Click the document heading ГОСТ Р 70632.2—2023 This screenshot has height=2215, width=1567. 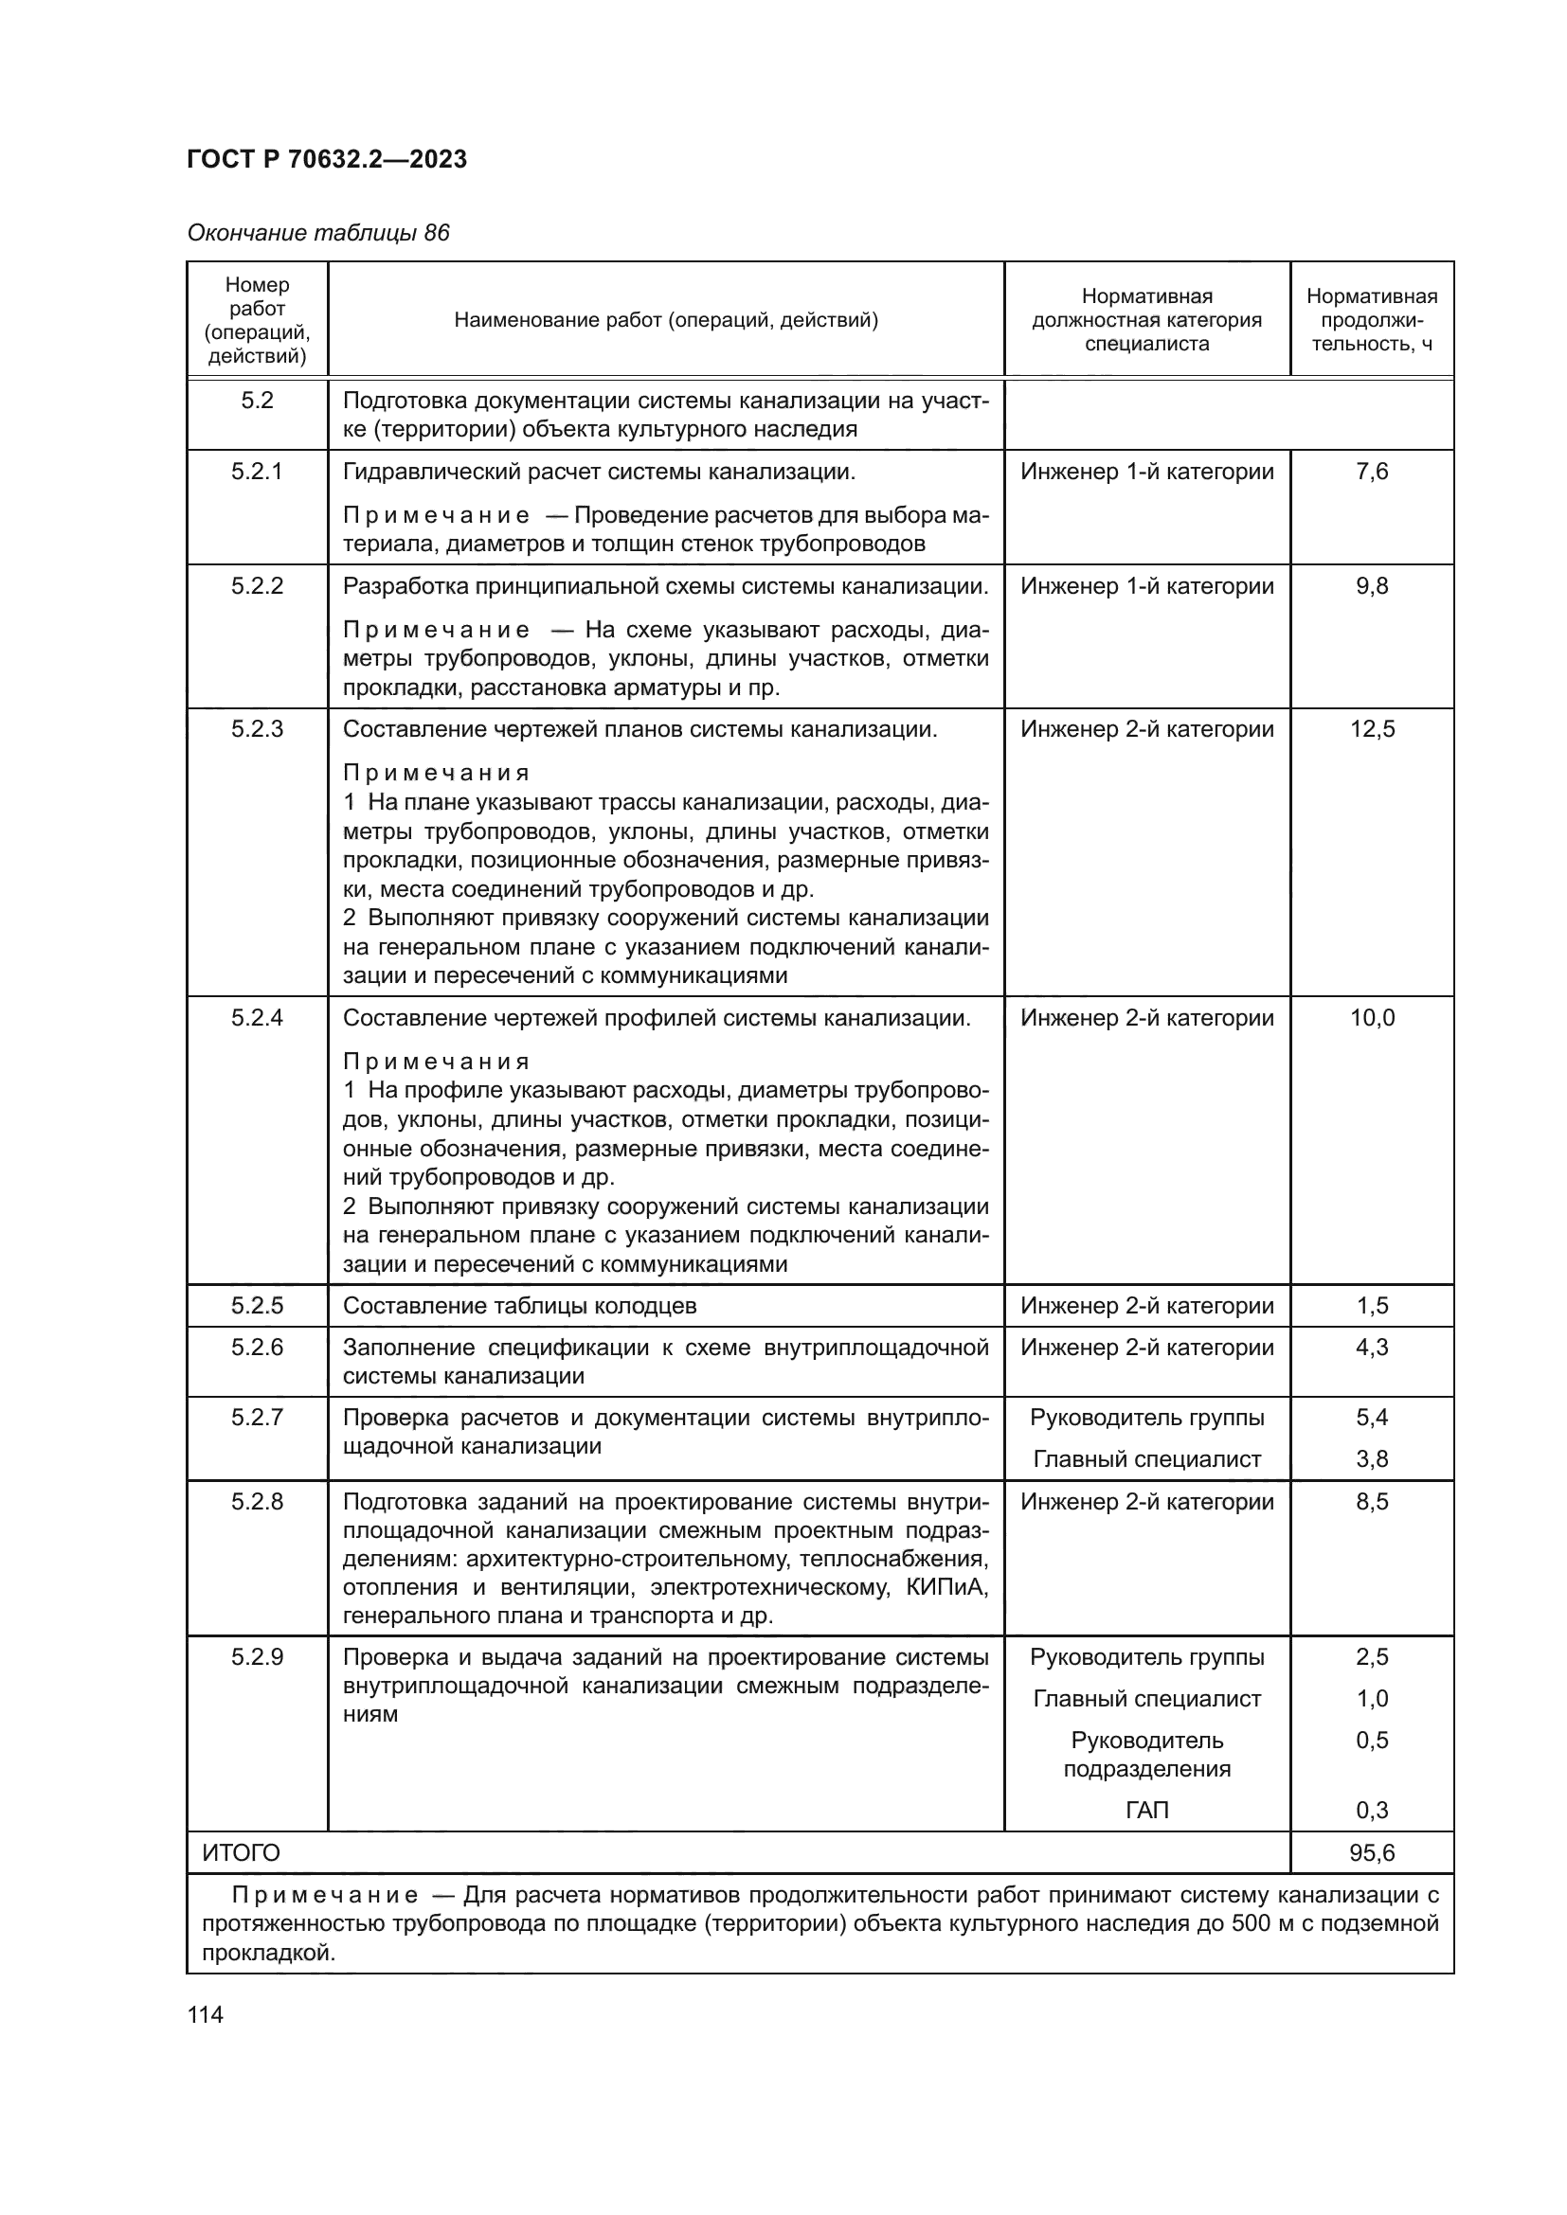click(x=326, y=159)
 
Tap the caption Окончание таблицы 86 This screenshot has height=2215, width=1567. click(x=317, y=234)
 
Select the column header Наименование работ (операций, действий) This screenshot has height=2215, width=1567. click(x=666, y=320)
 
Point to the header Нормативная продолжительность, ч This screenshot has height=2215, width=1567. click(x=1371, y=320)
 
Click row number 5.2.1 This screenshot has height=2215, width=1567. click(x=257, y=472)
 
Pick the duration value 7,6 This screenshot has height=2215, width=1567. click(x=1371, y=472)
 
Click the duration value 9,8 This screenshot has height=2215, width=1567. click(x=1371, y=586)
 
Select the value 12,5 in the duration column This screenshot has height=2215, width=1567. click(x=1371, y=729)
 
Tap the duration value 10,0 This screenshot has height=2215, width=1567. click(x=1371, y=1018)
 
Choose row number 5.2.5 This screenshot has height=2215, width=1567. click(x=257, y=1306)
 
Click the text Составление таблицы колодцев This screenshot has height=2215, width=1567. click(x=519, y=1306)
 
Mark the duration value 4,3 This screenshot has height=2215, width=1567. click(x=1371, y=1348)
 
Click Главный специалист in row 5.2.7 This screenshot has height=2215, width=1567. click(x=1146, y=1459)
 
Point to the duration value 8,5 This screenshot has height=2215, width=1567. click(x=1371, y=1502)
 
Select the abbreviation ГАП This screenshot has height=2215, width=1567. click(x=1146, y=1811)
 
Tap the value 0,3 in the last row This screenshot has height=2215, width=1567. click(x=1371, y=1811)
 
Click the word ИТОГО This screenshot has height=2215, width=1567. click(x=242, y=1853)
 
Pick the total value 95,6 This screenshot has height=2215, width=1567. click(x=1371, y=1853)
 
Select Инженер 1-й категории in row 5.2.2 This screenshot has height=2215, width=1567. click(x=1146, y=586)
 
